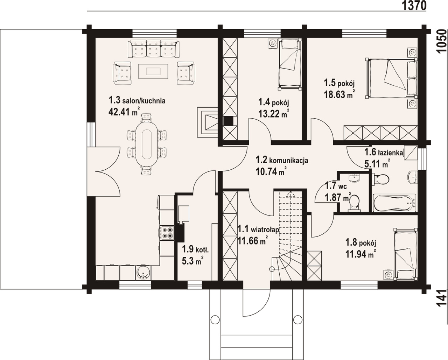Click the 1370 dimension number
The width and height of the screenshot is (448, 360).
tap(414, 6)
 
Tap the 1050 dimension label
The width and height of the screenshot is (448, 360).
tap(442, 41)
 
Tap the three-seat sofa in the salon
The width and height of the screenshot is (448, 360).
tap(153, 49)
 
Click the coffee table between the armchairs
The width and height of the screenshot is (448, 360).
tap(153, 71)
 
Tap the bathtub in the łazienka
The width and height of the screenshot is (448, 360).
tap(394, 203)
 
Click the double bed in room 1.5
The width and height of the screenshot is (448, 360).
tap(391, 78)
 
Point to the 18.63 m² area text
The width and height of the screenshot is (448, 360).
tap(339, 94)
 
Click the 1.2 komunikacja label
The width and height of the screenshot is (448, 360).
tap(282, 160)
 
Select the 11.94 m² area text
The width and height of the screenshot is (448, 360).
tap(361, 254)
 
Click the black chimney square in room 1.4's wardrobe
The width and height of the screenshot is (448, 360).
tap(228, 121)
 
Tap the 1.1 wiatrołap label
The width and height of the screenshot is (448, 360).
tap(258, 230)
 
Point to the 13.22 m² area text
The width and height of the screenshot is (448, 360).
tap(274, 114)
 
